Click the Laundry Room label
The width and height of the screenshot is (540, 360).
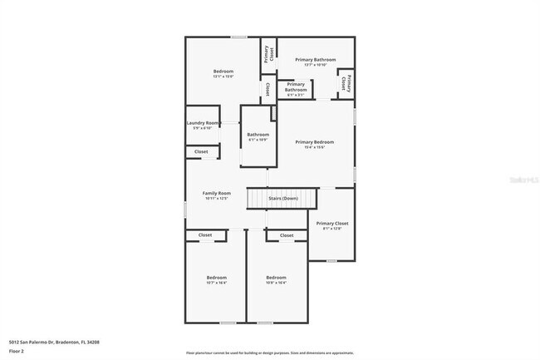pos(203,123)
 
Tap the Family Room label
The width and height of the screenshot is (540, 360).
pos(215,193)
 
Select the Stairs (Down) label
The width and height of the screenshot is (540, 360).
pos(283,199)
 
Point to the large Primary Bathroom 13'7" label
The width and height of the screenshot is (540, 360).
pos(316,60)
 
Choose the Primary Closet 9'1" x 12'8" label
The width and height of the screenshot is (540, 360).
pos(331,224)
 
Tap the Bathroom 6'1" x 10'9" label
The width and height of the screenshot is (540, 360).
pos(258,135)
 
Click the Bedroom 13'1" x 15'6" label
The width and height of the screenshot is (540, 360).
pos(223,72)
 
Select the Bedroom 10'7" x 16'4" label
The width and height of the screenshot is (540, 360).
pos(216,278)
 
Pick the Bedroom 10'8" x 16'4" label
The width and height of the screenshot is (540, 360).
pos(276,278)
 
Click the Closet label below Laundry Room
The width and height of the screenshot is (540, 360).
pos(202,152)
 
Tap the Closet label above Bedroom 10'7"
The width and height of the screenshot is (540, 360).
pos(205,235)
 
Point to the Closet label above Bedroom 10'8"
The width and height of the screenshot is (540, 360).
pos(287,235)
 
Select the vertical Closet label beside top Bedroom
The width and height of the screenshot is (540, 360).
pos(267,88)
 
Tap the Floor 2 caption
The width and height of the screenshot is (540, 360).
pos(17,351)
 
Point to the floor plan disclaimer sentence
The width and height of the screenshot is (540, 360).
pos(269,353)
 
